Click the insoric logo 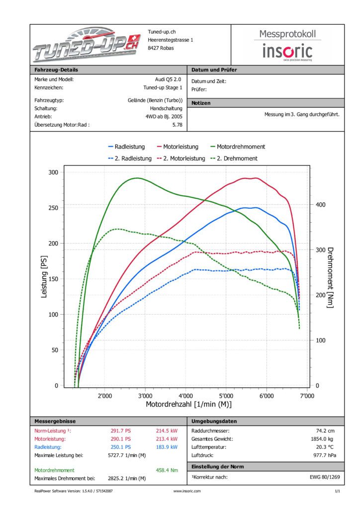[287, 51]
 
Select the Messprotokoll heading [287, 34]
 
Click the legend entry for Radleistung [126, 147]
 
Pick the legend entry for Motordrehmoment [238, 147]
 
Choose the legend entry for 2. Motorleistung [181, 159]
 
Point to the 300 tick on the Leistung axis [53, 172]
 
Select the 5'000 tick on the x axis [226, 396]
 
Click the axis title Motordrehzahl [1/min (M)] [188, 405]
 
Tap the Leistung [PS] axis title [44, 279]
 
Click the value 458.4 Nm [167, 470]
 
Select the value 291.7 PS [121, 431]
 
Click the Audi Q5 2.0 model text [169, 79]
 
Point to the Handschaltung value [166, 108]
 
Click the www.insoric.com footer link [187, 491]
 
